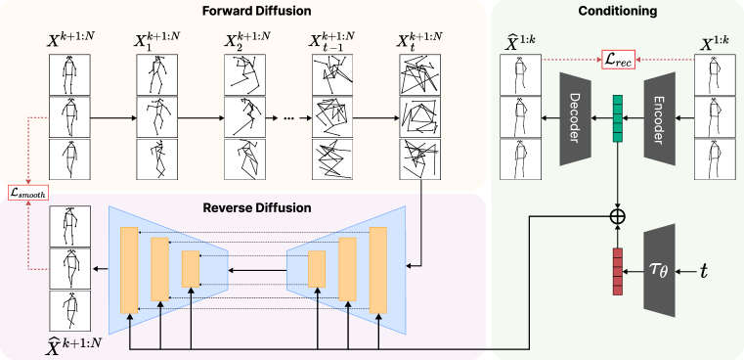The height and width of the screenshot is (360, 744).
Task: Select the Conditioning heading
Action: (x=618, y=12)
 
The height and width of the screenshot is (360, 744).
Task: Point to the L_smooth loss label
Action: (x=26, y=194)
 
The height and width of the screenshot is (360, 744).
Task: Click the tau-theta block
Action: (x=660, y=269)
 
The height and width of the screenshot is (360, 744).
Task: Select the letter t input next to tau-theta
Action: (x=703, y=269)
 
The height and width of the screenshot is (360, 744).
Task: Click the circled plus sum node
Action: (x=617, y=214)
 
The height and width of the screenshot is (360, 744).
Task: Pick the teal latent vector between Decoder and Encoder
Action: (x=617, y=117)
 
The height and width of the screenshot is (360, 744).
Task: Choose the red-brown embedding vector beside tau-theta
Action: (x=617, y=271)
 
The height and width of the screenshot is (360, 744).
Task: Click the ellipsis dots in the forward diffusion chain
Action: (x=289, y=117)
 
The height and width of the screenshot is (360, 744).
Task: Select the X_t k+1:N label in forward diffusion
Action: (x=419, y=43)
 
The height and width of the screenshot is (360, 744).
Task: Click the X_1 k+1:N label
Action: (x=157, y=43)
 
